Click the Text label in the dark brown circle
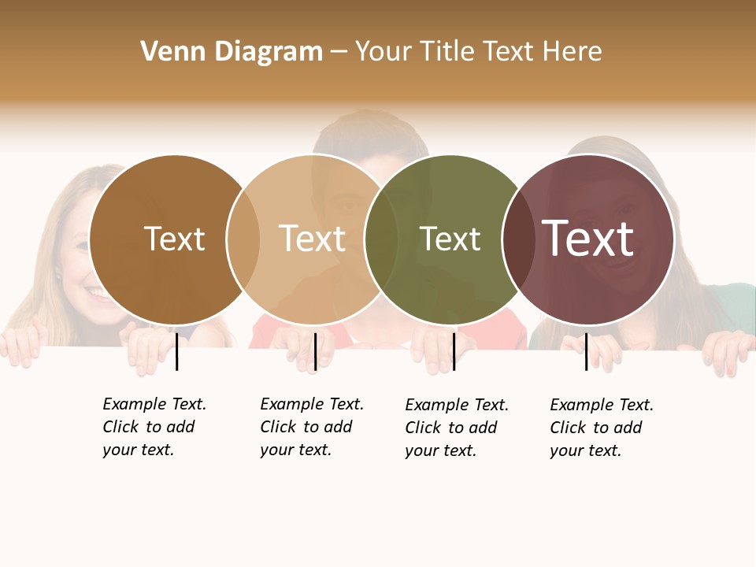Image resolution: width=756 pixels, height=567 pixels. pyautogui.click(x=174, y=239)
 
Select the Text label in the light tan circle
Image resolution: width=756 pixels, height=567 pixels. pyautogui.click(x=312, y=239)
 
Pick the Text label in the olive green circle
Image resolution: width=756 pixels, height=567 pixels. pyautogui.click(x=450, y=239)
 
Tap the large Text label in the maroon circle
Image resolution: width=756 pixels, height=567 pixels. pyautogui.click(x=588, y=239)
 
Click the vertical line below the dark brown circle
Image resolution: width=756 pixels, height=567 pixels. pyautogui.click(x=177, y=351)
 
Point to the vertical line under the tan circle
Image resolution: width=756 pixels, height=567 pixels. pyautogui.click(x=315, y=351)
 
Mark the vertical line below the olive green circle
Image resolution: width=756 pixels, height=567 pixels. pyautogui.click(x=454, y=351)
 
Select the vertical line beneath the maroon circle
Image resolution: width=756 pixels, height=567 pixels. pyautogui.click(x=587, y=351)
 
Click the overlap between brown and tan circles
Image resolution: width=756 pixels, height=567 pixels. pyautogui.click(x=243, y=239)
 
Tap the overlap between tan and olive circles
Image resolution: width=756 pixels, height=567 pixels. pyautogui.click(x=381, y=239)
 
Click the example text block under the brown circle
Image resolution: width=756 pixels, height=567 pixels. pyautogui.click(x=154, y=427)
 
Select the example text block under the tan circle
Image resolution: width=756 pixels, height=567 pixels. pyautogui.click(x=312, y=427)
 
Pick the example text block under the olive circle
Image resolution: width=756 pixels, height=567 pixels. pyautogui.click(x=457, y=428)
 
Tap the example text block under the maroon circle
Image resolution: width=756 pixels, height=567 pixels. pyautogui.click(x=602, y=428)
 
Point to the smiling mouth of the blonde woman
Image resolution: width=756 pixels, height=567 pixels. pyautogui.click(x=96, y=294)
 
